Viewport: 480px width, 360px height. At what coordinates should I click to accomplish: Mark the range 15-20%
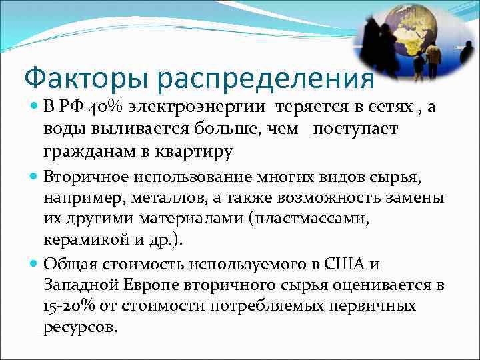click(69, 306)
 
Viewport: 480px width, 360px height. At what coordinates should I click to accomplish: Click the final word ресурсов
click(80, 327)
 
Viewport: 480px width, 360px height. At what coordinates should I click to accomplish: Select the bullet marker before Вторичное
click(35, 178)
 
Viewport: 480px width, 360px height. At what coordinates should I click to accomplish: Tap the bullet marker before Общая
click(35, 263)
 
